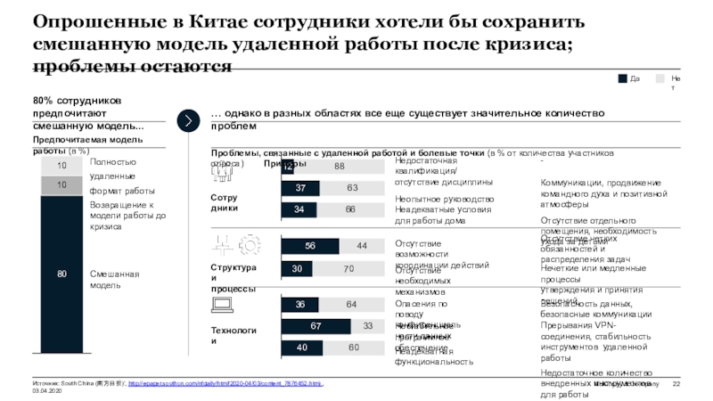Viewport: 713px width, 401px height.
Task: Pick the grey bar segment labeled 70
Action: coord(349,268)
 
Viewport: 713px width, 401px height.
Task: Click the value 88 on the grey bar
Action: coord(340,167)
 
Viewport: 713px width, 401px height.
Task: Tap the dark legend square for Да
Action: coord(622,79)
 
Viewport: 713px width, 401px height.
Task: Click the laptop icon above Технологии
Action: coord(224,306)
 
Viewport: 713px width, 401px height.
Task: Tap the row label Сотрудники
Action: coord(224,201)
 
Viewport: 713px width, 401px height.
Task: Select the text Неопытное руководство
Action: coord(444,199)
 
